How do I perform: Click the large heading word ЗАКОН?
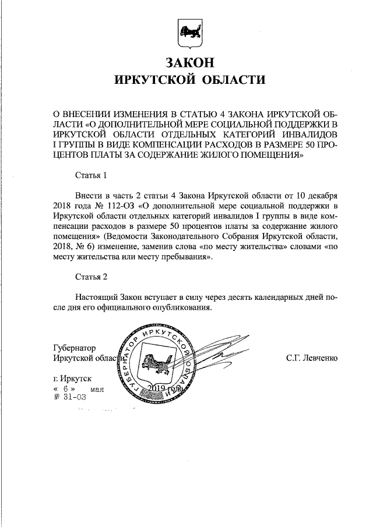(186, 61)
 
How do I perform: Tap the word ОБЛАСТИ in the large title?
(233, 80)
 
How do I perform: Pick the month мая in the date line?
(97, 388)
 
